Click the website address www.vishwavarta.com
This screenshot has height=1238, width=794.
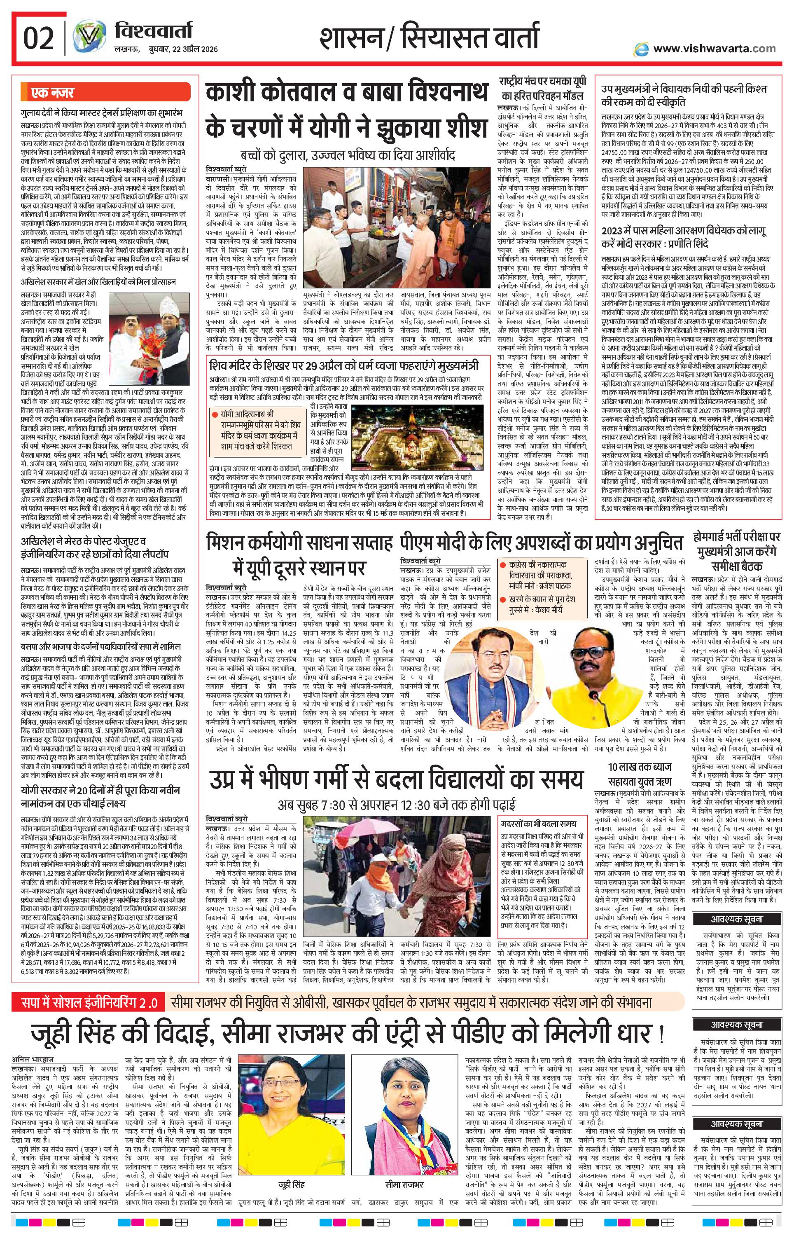click(714, 49)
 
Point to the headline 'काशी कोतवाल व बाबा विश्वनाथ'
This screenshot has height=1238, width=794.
click(346, 95)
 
